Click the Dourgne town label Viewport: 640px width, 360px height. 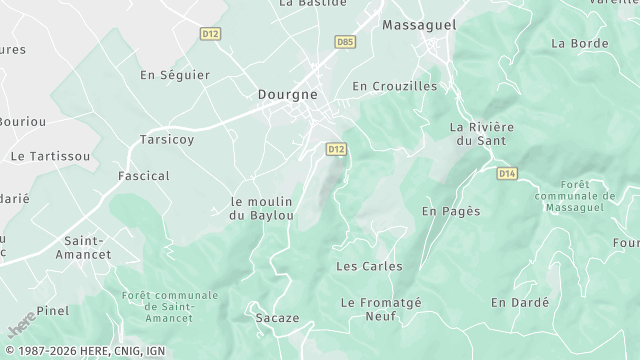[287, 94]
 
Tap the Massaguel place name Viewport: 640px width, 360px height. [419, 23]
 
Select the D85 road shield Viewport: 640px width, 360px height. [344, 42]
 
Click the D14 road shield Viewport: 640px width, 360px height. [507, 173]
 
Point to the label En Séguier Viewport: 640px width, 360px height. [175, 75]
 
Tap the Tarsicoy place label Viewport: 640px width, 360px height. [167, 139]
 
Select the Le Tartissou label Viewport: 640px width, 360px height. [50, 156]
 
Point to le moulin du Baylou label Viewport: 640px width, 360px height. [262, 208]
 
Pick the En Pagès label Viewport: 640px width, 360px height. [451, 211]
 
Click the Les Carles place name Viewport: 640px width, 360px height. [369, 266]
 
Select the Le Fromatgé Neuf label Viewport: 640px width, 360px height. [381, 309]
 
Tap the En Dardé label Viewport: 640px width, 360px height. [520, 302]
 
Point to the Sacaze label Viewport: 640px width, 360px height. [277, 318]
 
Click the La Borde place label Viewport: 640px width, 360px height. [580, 43]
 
